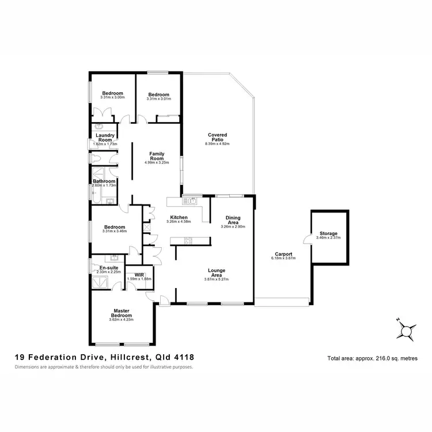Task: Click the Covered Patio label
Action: tap(217, 137)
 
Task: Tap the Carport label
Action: tap(283, 254)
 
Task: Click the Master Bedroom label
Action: tap(121, 313)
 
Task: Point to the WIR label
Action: tap(138, 275)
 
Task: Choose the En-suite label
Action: tap(108, 268)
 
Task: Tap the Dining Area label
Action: tap(233, 219)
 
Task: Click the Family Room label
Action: tap(157, 156)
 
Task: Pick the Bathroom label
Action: tap(104, 181)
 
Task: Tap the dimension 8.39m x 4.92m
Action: tap(217, 143)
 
